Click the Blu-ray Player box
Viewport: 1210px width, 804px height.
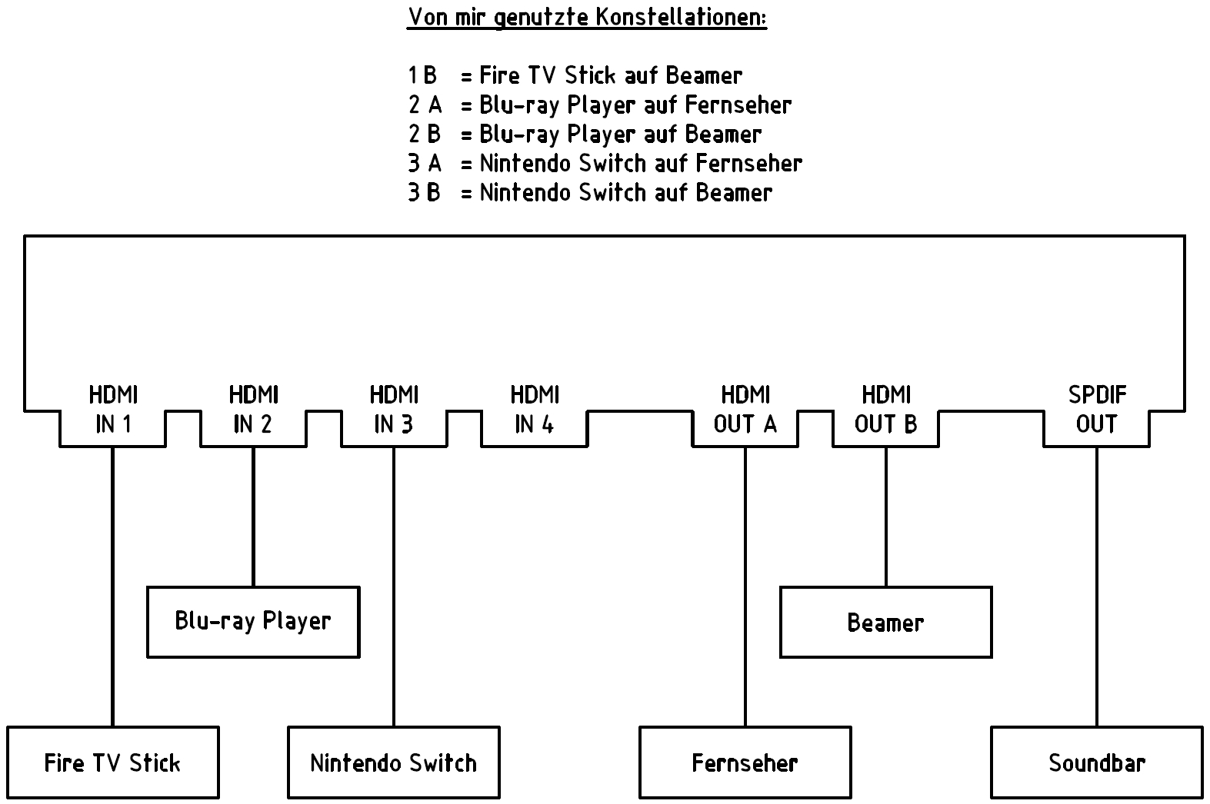[x=253, y=622]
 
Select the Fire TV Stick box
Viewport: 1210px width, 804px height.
[x=113, y=762]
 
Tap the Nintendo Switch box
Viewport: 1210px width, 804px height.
[x=394, y=762]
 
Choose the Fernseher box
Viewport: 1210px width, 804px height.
[x=745, y=762]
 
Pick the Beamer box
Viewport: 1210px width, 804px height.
[x=886, y=622]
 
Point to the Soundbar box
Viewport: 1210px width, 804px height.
[x=1097, y=762]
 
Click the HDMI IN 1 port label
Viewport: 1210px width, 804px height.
[x=113, y=410]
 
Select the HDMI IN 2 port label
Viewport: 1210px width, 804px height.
[x=253, y=410]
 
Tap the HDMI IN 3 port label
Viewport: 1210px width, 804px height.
[x=394, y=410]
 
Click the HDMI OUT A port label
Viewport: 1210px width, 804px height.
[x=745, y=410]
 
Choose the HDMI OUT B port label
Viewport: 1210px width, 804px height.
[x=886, y=410]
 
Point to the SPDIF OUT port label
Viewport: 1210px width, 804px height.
[x=1097, y=410]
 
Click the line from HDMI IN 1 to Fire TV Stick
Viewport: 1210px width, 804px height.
[x=112, y=586]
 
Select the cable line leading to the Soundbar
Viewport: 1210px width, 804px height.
[x=1097, y=586]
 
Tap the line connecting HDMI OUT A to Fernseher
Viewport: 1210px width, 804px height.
[x=745, y=586]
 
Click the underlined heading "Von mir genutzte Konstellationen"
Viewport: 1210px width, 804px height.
[x=587, y=17]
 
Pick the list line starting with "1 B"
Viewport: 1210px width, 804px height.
[x=575, y=75]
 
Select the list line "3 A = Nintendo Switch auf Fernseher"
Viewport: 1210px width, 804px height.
[x=605, y=163]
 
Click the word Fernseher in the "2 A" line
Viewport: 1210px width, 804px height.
[x=738, y=104]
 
